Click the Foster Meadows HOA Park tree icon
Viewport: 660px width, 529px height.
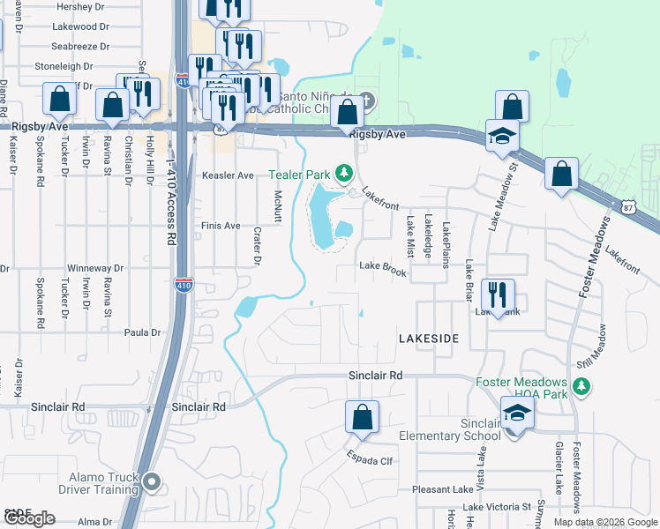pos(581,386)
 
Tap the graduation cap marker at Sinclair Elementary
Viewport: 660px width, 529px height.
pos(516,412)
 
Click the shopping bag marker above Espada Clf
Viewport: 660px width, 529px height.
pos(363,416)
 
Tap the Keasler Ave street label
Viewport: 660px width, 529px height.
pos(228,175)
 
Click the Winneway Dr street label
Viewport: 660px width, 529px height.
pos(96,268)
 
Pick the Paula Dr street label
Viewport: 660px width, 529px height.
pos(143,332)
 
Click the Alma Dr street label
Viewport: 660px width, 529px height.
pos(94,522)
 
